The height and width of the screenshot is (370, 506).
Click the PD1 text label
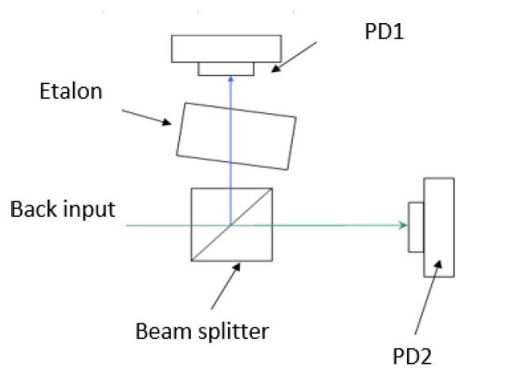tap(384, 32)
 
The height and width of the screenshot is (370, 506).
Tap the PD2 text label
tap(412, 357)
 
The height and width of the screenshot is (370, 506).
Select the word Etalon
tap(71, 91)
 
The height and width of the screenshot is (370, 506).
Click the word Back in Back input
tap(34, 209)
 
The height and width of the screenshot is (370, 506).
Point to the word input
tap(89, 210)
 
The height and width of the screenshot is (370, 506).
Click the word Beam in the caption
tap(164, 331)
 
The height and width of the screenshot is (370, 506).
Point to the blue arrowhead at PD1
tap(230, 78)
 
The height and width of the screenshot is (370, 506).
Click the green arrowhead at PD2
tap(403, 225)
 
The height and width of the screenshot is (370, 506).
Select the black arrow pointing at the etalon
tap(146, 117)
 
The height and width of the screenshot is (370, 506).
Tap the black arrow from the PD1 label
tap(294, 57)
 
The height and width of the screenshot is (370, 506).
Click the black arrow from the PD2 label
tap(428, 297)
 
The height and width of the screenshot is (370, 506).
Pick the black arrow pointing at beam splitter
tap(226, 286)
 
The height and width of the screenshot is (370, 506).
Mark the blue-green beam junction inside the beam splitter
tap(231, 225)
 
